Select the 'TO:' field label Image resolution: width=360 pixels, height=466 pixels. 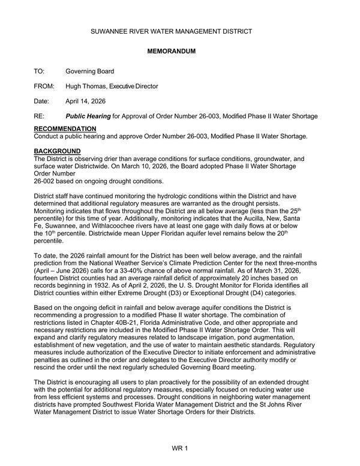(x=39, y=71)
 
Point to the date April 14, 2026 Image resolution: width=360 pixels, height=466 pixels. (x=85, y=101)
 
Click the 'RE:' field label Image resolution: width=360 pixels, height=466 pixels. (x=39, y=116)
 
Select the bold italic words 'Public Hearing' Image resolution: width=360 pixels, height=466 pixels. (x=88, y=116)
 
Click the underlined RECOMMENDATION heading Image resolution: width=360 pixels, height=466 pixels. (x=64, y=129)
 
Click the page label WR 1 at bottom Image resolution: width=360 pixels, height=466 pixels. (x=179, y=448)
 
